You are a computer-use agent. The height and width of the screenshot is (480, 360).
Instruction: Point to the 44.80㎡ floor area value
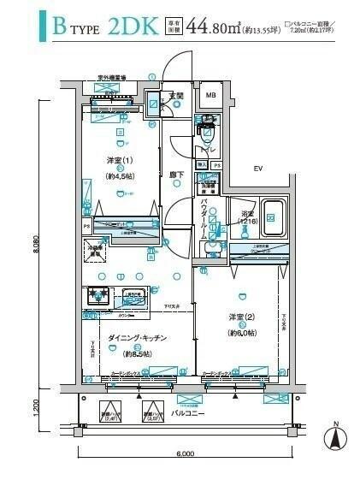pos(218,27)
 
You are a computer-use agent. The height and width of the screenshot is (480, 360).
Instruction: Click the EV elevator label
pos(257,169)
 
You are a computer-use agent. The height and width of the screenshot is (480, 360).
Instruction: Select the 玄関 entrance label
pos(176,95)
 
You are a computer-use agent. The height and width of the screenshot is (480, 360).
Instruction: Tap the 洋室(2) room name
pos(242,319)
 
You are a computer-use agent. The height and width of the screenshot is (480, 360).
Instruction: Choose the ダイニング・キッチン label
pos(137,337)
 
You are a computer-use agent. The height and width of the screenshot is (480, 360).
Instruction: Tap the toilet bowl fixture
pos(205,133)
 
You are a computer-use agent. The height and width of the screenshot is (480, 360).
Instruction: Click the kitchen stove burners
pos(95,296)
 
